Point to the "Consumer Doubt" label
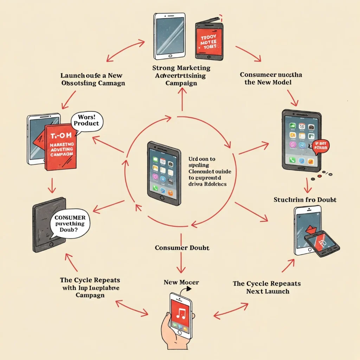point(182,248)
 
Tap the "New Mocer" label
point(181,282)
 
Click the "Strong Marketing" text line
point(181,68)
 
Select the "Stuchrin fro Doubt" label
point(305,200)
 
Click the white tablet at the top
point(169,36)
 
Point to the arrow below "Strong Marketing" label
point(182,99)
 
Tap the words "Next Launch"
point(268,291)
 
